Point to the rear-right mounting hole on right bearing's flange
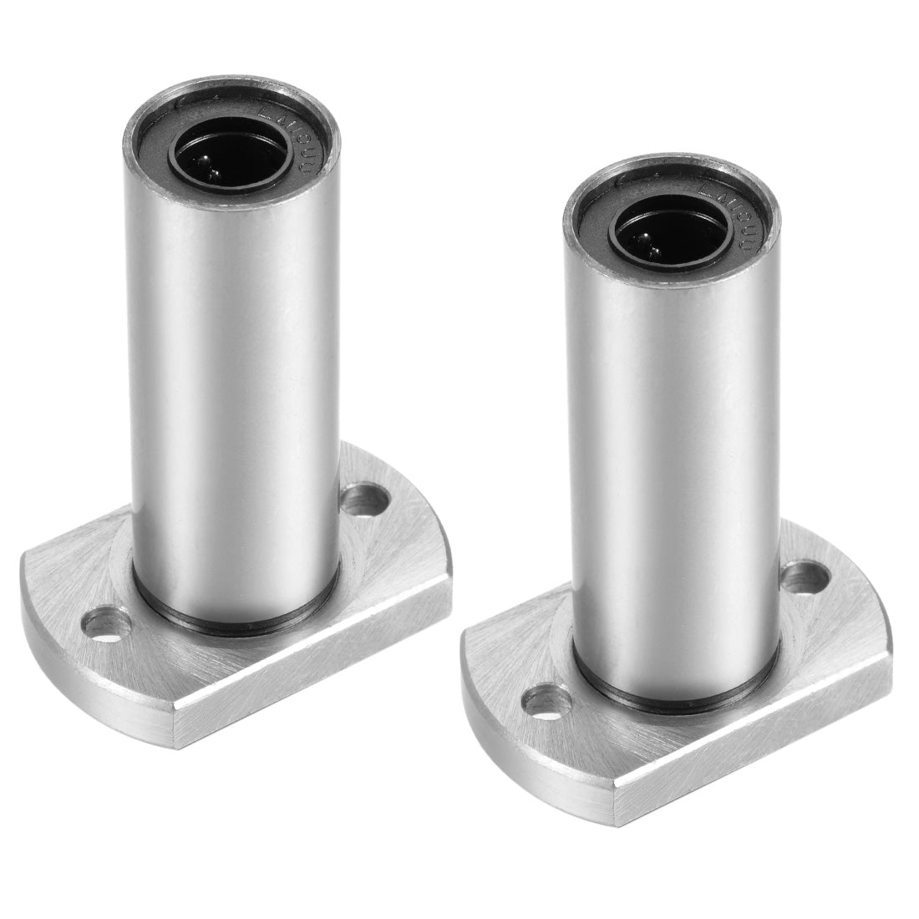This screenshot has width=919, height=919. pos(805,578)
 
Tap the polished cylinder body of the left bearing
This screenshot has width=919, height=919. pos(234,376)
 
